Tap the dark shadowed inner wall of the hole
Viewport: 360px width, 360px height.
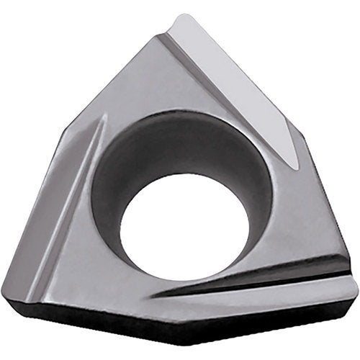[x=137, y=169]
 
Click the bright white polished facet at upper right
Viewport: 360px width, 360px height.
[x=238, y=79]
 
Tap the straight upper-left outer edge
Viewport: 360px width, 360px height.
[x=122, y=72]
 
